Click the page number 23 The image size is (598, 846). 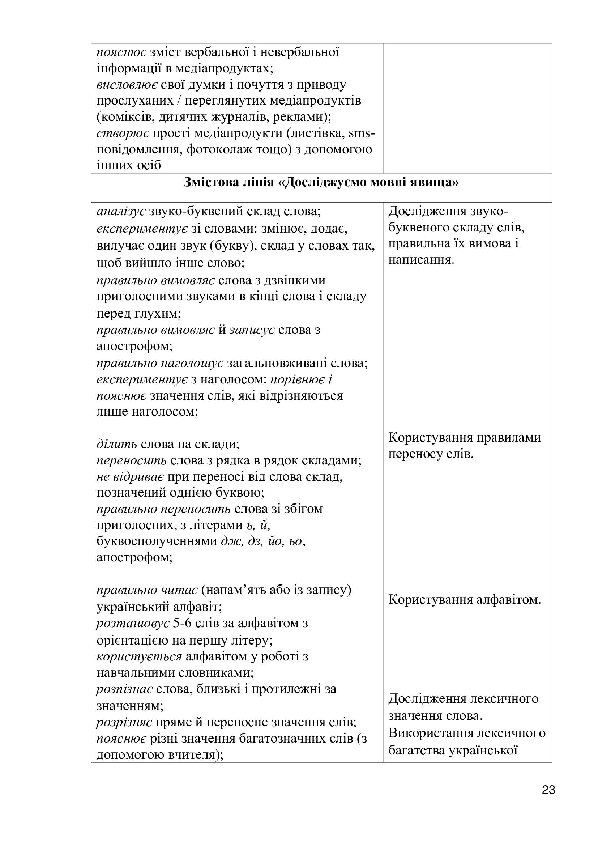click(x=548, y=800)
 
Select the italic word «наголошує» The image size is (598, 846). click(x=192, y=363)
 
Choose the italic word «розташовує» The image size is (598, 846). click(x=133, y=624)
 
